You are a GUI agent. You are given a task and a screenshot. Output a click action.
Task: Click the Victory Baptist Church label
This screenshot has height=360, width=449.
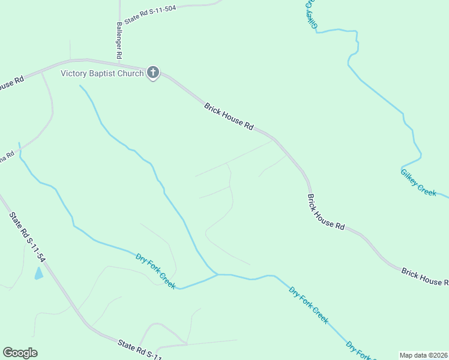(x=102, y=73)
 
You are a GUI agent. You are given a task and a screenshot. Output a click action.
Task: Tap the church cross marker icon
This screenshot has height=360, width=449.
(x=153, y=73)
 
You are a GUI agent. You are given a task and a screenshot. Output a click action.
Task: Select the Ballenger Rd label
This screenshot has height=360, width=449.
(x=119, y=40)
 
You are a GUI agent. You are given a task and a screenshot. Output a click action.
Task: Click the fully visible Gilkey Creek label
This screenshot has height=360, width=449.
(x=418, y=181)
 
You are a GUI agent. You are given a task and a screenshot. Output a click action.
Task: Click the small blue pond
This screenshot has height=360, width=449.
(x=39, y=274)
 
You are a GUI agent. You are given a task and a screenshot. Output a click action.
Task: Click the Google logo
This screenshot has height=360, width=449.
(x=20, y=353)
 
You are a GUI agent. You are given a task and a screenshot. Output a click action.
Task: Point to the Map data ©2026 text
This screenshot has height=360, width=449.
(x=423, y=355)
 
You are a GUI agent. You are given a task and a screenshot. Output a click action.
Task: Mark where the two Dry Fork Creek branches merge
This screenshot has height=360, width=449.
(x=217, y=274)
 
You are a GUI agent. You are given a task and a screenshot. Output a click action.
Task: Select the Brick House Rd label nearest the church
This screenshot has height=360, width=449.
(x=229, y=116)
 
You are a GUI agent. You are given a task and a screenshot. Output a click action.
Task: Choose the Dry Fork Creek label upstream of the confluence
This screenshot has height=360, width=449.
(x=155, y=271)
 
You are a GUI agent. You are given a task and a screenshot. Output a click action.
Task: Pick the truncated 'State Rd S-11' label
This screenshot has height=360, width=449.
(x=140, y=350)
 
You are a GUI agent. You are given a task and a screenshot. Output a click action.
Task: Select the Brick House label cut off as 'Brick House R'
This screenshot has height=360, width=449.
(x=425, y=277)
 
